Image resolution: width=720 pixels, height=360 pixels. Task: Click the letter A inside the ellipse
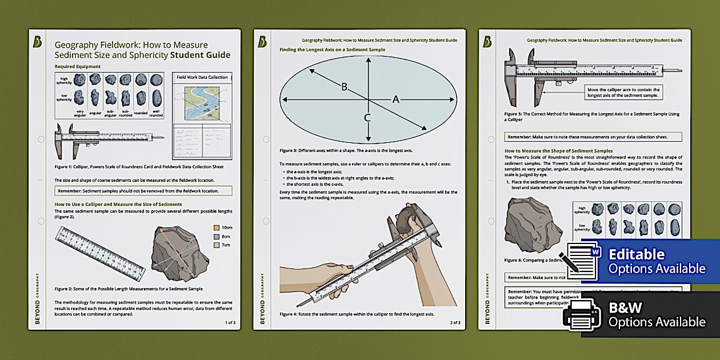pyautogui.click(x=395, y=99)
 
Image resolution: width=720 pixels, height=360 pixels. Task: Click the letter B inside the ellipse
pyautogui.click(x=344, y=87)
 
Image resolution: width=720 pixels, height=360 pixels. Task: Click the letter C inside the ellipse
pyautogui.click(x=367, y=118)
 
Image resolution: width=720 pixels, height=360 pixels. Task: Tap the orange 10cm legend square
pyautogui.click(x=217, y=227)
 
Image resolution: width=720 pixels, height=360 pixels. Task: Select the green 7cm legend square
pyautogui.click(x=217, y=245)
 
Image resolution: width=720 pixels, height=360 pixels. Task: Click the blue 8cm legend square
pyautogui.click(x=217, y=236)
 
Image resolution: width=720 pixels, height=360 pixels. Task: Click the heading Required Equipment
pyautogui.click(x=77, y=66)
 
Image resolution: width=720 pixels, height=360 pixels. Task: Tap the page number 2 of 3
pyautogui.click(x=455, y=323)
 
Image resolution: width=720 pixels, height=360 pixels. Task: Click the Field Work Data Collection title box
pyautogui.click(x=202, y=77)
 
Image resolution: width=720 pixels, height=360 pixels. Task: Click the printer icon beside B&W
pyautogui.click(x=582, y=315)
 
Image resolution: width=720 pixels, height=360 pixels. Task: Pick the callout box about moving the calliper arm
pyautogui.click(x=623, y=93)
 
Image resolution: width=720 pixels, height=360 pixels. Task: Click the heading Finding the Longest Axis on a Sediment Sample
pyautogui.click(x=332, y=50)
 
